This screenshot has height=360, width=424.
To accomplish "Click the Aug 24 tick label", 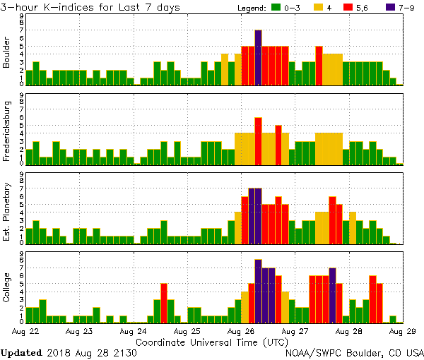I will (133, 330).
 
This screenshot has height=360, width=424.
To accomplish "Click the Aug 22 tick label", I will (27, 330).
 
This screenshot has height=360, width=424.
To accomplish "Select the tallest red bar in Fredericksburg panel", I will (259, 140).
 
